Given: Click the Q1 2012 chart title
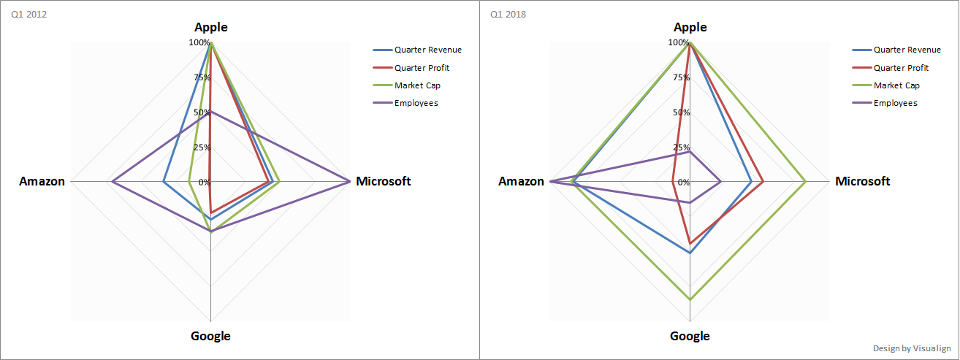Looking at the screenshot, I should pyautogui.click(x=29, y=14).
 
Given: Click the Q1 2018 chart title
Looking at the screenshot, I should pyautogui.click(x=508, y=14).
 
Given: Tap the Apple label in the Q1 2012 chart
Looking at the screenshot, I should pyautogui.click(x=211, y=28).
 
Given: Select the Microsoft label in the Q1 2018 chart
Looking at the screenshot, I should pyautogui.click(x=862, y=181).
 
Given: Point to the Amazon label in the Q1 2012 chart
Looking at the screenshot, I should pyautogui.click(x=42, y=181).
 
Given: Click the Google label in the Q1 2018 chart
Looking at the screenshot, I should pyautogui.click(x=690, y=336).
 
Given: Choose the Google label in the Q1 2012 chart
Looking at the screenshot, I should pyautogui.click(x=210, y=336).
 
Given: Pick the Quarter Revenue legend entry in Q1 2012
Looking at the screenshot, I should pyautogui.click(x=427, y=50).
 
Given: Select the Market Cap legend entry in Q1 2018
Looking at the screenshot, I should pyautogui.click(x=896, y=85).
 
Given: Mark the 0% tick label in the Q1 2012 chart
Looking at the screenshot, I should pyautogui.click(x=204, y=182).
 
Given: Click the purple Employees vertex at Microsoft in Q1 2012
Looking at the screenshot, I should pyautogui.click(x=350, y=181).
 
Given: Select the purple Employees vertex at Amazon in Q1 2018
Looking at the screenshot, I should pyautogui.click(x=550, y=181).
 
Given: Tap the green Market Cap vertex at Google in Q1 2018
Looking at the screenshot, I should pyautogui.click(x=690, y=299).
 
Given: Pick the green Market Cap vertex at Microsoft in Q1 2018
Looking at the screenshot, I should pyautogui.click(x=805, y=181).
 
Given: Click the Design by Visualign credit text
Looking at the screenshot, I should pyautogui.click(x=912, y=348).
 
